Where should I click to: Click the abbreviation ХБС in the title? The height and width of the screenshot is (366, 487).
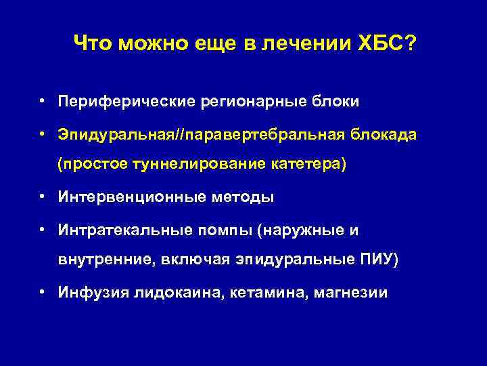tap(380, 45)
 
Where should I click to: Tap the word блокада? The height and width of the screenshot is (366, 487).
tap(384, 136)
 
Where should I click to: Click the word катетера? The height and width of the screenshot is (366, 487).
tap(311, 164)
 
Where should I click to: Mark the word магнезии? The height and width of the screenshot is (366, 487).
tap(350, 293)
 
